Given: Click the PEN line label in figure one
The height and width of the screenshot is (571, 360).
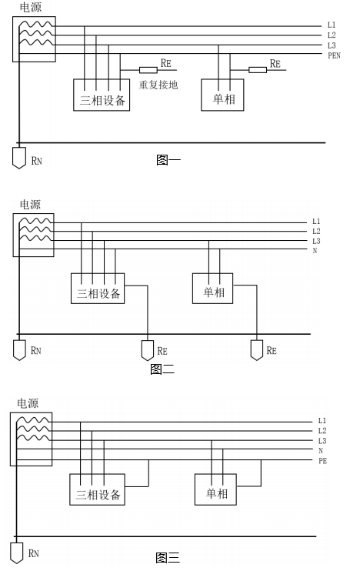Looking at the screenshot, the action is coord(334,55).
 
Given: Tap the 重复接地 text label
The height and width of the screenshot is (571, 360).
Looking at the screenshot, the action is coord(158,85).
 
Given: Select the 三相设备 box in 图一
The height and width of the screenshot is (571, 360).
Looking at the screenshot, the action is coord(102,95).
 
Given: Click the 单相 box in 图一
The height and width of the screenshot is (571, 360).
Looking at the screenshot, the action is coord(222,95).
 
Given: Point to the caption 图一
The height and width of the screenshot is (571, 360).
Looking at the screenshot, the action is coord(168,159).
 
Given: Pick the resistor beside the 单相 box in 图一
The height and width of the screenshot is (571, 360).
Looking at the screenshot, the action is coord(258,69).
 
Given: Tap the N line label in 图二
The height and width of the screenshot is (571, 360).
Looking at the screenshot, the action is coord(315,251).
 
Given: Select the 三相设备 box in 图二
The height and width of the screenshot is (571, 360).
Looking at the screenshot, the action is coord(98,289).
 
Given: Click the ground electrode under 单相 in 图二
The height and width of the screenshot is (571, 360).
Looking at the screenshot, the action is coord(257,350).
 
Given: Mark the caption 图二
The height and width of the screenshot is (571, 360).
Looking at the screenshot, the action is coord(162,369).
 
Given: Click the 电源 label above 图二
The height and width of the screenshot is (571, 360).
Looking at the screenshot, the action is coord(30,204).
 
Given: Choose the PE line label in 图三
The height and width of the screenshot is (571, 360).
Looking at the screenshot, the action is coord(322,461).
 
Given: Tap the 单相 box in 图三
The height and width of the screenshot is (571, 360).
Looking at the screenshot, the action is coord(215,489).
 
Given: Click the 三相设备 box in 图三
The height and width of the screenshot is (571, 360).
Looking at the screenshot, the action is coord(97,489).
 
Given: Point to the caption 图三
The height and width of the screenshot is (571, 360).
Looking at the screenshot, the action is coord(168,557).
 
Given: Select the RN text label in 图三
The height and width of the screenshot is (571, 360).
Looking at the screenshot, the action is coord(34,553).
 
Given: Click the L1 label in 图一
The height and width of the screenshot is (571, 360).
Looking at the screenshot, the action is coord(332,25).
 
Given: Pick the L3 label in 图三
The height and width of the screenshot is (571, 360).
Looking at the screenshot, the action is coord(322,441).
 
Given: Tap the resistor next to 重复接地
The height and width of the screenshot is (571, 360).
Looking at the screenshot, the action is coord(148,69).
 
